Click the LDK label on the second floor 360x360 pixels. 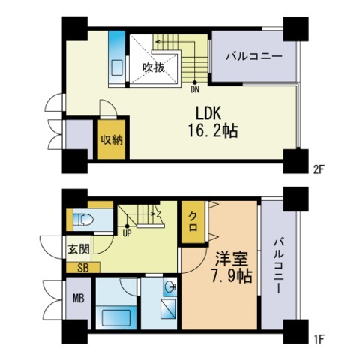coord(208,113)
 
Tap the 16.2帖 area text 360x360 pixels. coord(213,131)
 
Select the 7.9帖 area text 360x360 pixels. coord(231,275)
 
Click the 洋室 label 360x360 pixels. coord(232,259)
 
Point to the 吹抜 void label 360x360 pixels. coord(154,67)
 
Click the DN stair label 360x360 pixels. coord(195,89)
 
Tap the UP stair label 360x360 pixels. coord(127,234)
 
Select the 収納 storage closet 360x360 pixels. coord(111,139)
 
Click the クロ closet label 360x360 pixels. coord(193,221)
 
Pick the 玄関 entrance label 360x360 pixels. coord(79,249)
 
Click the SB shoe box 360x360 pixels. coord(83,268)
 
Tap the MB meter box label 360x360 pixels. coord(79,298)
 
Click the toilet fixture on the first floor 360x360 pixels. coord(83,220)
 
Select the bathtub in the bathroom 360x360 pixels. coord(116,317)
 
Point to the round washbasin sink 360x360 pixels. coord(171,285)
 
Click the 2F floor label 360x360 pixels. coord(319,170)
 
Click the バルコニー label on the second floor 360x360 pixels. coord(254,56)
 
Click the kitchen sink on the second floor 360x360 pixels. coord(117,67)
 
